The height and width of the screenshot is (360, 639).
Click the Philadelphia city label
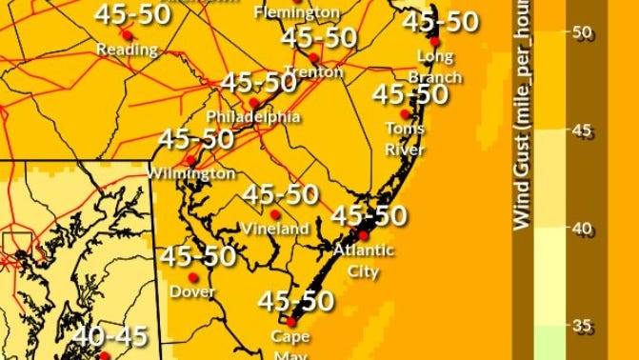point(253,117)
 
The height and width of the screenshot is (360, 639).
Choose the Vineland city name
point(275,229)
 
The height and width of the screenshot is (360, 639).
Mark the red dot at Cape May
point(291,322)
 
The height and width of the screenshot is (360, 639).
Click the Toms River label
point(405,135)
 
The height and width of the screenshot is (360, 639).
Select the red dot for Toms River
point(406,114)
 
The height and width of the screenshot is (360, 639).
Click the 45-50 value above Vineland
point(280,194)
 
